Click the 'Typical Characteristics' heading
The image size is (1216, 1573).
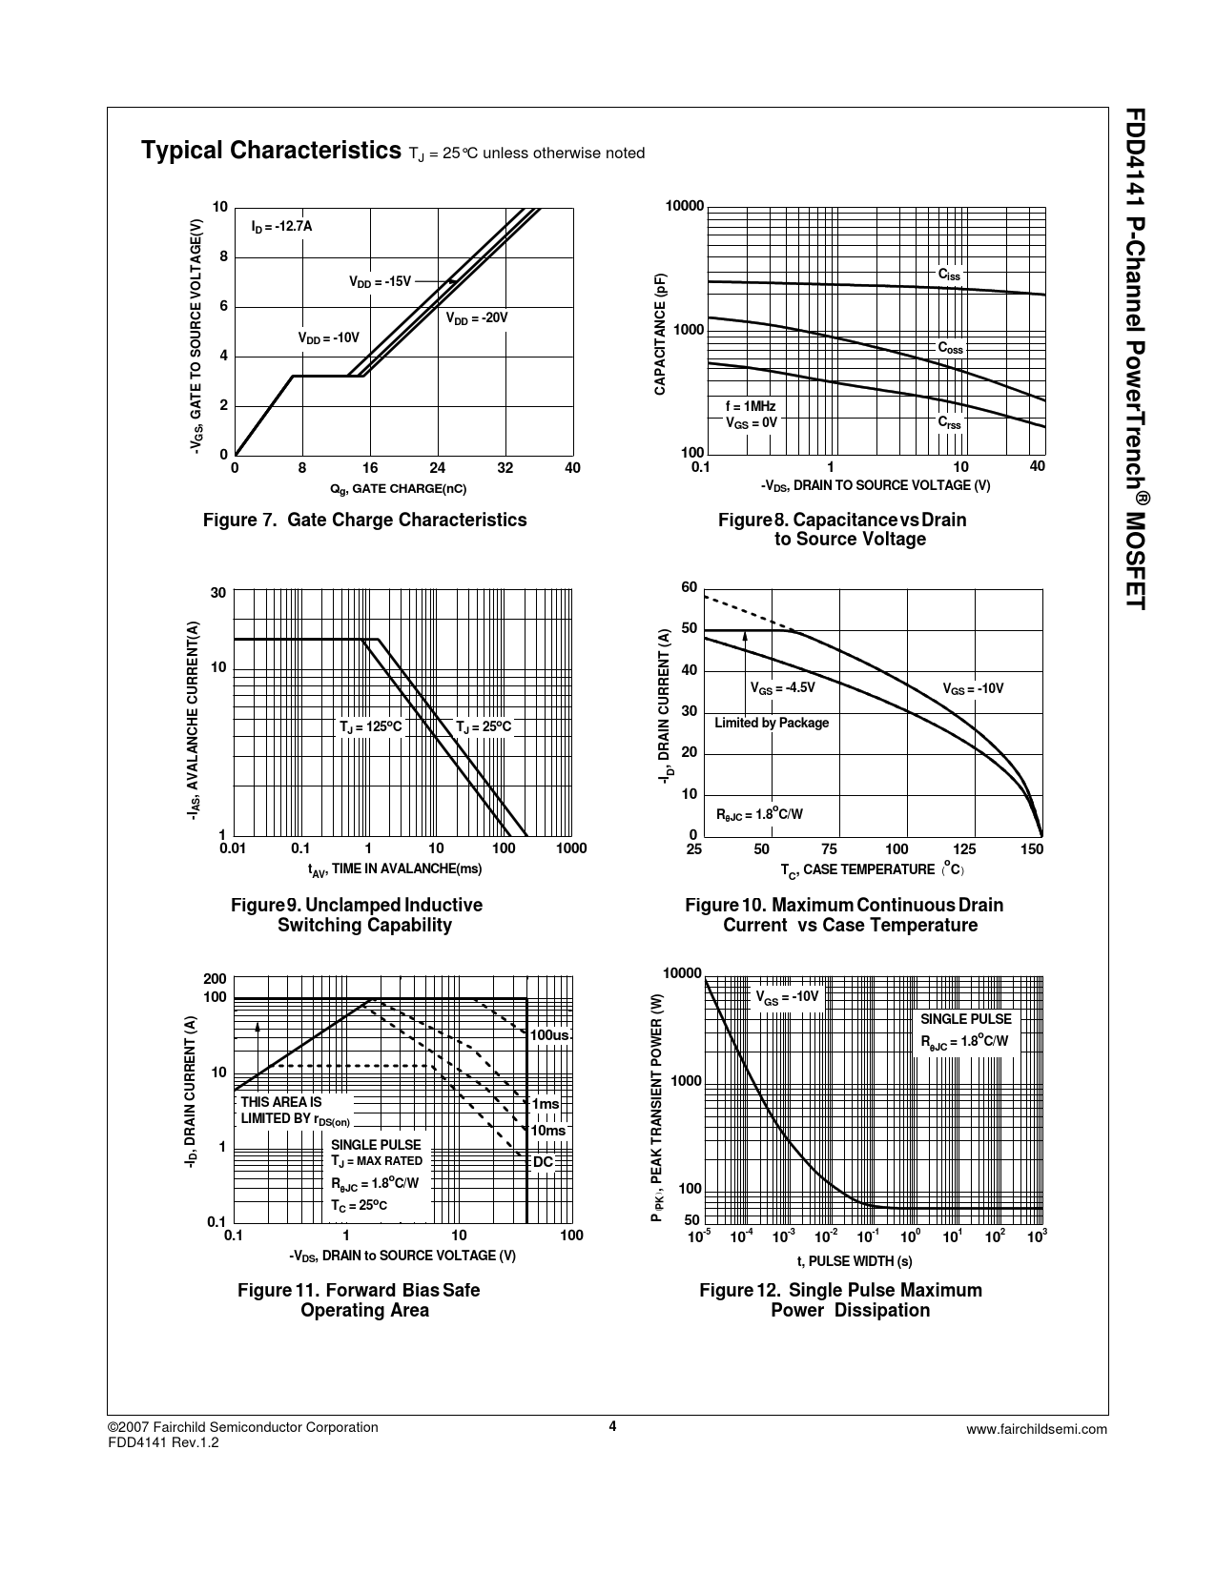tap(270, 151)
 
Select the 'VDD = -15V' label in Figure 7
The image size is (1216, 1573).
tap(380, 281)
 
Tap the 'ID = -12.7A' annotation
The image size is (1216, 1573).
tap(281, 227)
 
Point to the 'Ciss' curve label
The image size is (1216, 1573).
tap(949, 275)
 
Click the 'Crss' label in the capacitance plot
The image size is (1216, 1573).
tap(949, 421)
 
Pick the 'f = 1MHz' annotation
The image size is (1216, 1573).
tap(751, 406)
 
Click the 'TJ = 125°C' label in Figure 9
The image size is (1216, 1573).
tap(371, 727)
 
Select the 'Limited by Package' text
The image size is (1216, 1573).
tap(772, 723)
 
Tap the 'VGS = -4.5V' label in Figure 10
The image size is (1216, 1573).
tap(782, 687)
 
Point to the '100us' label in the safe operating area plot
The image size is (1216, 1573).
tap(550, 1034)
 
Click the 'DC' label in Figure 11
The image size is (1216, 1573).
tap(543, 1162)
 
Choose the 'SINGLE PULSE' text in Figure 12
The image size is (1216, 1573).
tap(965, 1019)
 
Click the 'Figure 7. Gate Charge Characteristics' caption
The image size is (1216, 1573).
tap(364, 520)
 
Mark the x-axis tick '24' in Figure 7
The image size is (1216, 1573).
tap(437, 468)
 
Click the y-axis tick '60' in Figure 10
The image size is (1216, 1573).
tap(689, 587)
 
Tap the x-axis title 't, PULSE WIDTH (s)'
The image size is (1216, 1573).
tap(855, 1261)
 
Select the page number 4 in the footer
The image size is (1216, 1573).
tap(613, 1426)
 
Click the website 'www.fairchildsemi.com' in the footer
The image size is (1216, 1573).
tap(1036, 1428)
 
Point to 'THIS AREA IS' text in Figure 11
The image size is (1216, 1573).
tap(281, 1102)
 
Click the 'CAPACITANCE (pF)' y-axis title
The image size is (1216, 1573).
tap(659, 334)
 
